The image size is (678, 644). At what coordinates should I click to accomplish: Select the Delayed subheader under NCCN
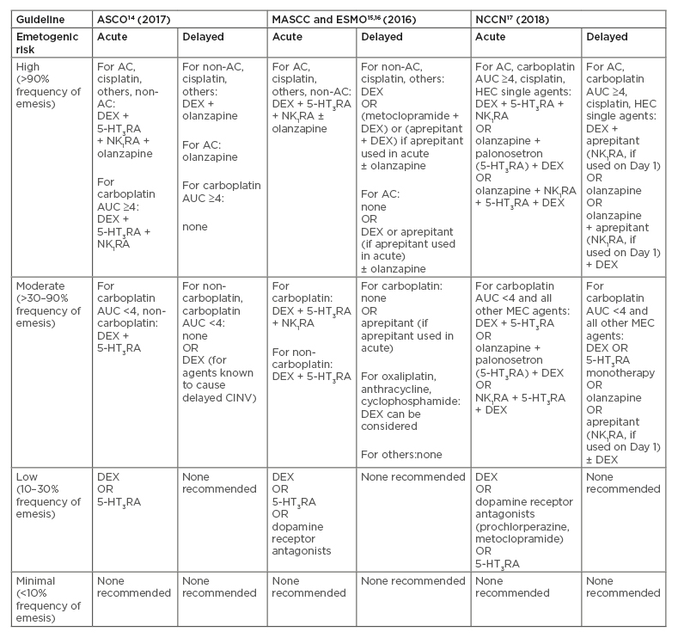[606, 37]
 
